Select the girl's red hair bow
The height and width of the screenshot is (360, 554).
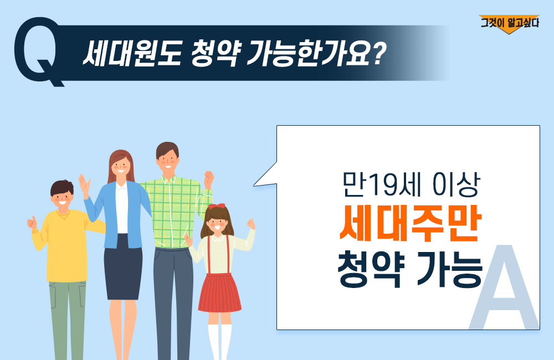point(217,206)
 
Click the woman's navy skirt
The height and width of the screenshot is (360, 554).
point(123,267)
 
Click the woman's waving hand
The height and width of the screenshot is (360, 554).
point(84,184)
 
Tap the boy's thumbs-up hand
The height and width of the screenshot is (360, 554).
point(32,223)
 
